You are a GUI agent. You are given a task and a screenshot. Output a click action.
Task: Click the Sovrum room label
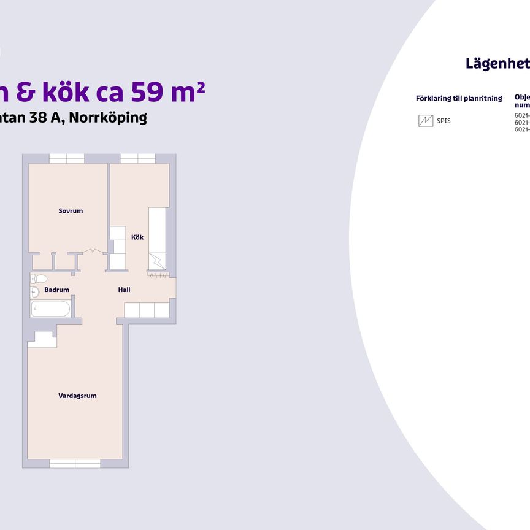point(71,211)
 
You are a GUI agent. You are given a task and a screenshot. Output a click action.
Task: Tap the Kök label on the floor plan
point(137,237)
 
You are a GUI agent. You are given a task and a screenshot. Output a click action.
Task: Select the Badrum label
point(56,290)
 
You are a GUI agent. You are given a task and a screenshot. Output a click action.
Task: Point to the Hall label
point(124,290)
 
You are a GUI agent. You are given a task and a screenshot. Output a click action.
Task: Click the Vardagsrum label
point(77,396)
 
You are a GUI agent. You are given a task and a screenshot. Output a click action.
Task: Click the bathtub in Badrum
point(51,309)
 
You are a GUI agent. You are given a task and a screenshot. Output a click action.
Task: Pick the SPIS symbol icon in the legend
point(425,121)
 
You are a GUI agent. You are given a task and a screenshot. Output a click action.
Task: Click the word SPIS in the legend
point(444,121)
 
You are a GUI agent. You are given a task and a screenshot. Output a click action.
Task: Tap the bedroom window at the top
point(66,158)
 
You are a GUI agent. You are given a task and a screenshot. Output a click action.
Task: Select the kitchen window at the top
point(138,158)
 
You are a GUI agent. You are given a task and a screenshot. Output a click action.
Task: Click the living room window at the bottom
point(75,463)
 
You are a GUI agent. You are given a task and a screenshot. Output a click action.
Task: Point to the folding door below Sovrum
point(91,251)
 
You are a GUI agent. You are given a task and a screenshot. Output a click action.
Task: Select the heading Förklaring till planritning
point(459,98)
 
